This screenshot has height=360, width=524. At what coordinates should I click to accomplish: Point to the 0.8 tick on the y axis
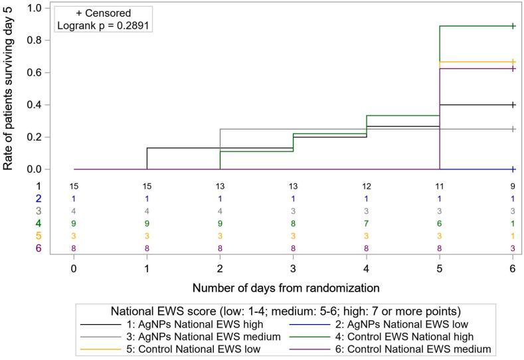[x=33, y=40]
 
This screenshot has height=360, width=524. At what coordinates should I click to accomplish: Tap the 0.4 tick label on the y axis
[x=33, y=105]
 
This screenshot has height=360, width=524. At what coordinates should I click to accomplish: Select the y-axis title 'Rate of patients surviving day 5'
[x=9, y=86]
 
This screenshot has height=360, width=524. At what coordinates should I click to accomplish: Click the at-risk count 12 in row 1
[x=367, y=186]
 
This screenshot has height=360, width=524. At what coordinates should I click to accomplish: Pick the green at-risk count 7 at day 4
[x=367, y=224]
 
